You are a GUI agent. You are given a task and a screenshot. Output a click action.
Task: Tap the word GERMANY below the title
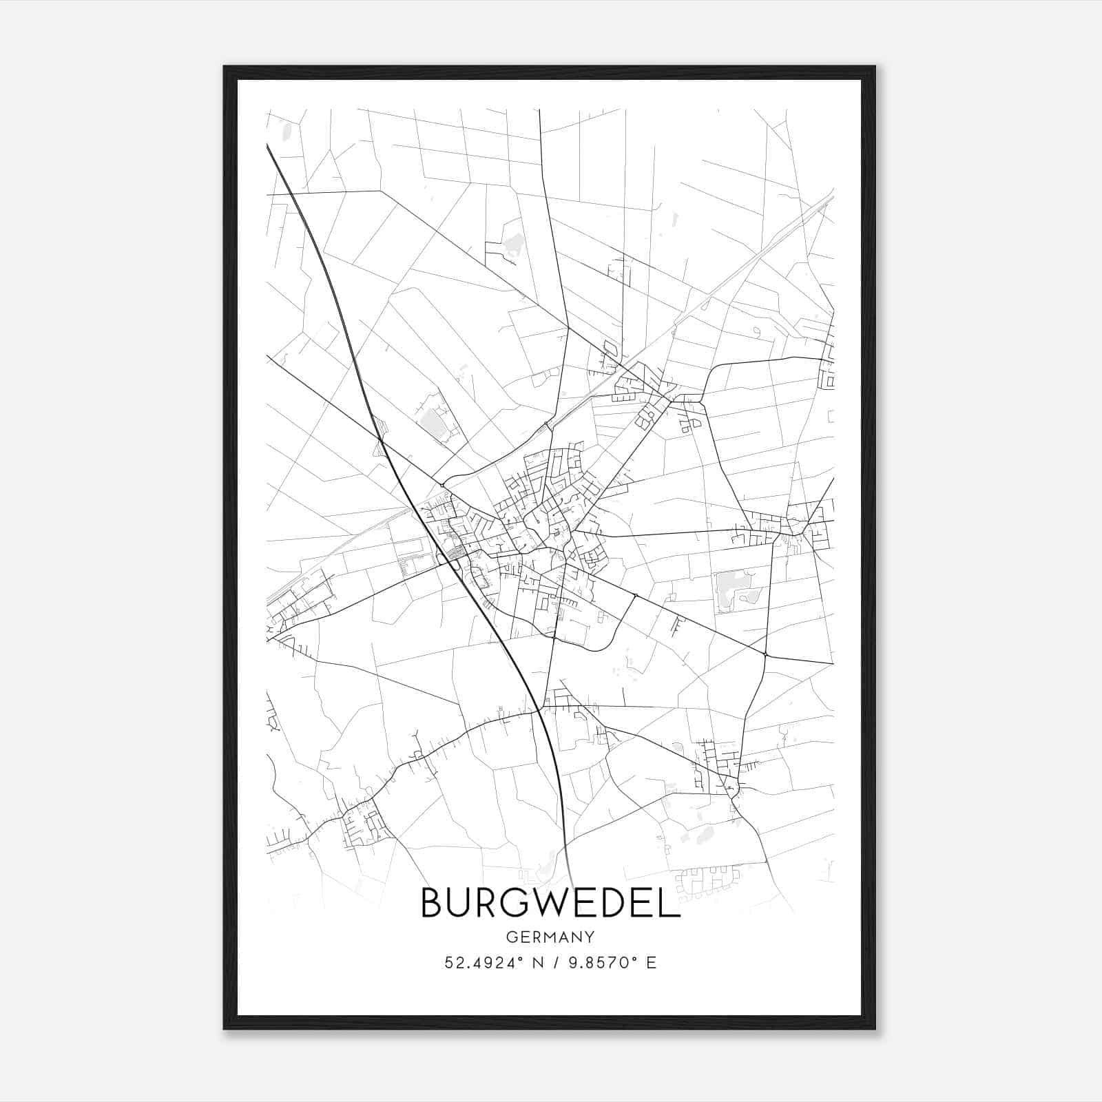[550, 937]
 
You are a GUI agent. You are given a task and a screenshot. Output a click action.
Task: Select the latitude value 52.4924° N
[494, 962]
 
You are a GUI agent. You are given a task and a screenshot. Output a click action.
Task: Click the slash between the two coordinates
[550, 962]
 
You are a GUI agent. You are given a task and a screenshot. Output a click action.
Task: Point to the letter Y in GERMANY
[590, 937]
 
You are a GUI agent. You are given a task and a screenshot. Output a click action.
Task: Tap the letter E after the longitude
[651, 962]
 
